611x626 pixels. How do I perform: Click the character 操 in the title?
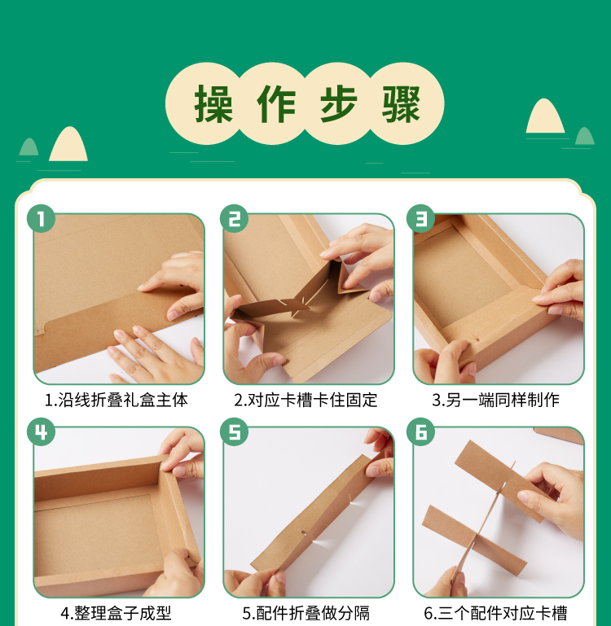213,104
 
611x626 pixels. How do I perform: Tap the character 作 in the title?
276,104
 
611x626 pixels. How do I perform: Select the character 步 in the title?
338,104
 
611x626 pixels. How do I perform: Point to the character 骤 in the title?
401,104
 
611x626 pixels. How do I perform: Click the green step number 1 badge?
42,218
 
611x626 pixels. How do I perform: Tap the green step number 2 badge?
234,218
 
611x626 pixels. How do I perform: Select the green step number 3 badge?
421,218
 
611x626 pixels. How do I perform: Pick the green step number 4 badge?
42,431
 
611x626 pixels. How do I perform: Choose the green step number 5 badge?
234,431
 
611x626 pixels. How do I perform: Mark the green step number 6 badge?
421,431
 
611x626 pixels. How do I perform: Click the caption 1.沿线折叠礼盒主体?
116,400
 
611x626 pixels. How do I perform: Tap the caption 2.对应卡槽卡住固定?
305,400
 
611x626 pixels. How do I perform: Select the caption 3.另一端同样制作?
495,400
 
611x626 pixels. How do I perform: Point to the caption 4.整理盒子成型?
116,613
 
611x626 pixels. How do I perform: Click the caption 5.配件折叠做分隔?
305,613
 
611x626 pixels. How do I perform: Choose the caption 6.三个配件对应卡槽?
495,613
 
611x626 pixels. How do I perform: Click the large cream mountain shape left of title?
68,145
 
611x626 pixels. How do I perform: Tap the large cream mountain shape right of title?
545,116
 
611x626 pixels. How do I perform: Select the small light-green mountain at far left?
29,147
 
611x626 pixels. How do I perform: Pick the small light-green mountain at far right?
585,136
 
